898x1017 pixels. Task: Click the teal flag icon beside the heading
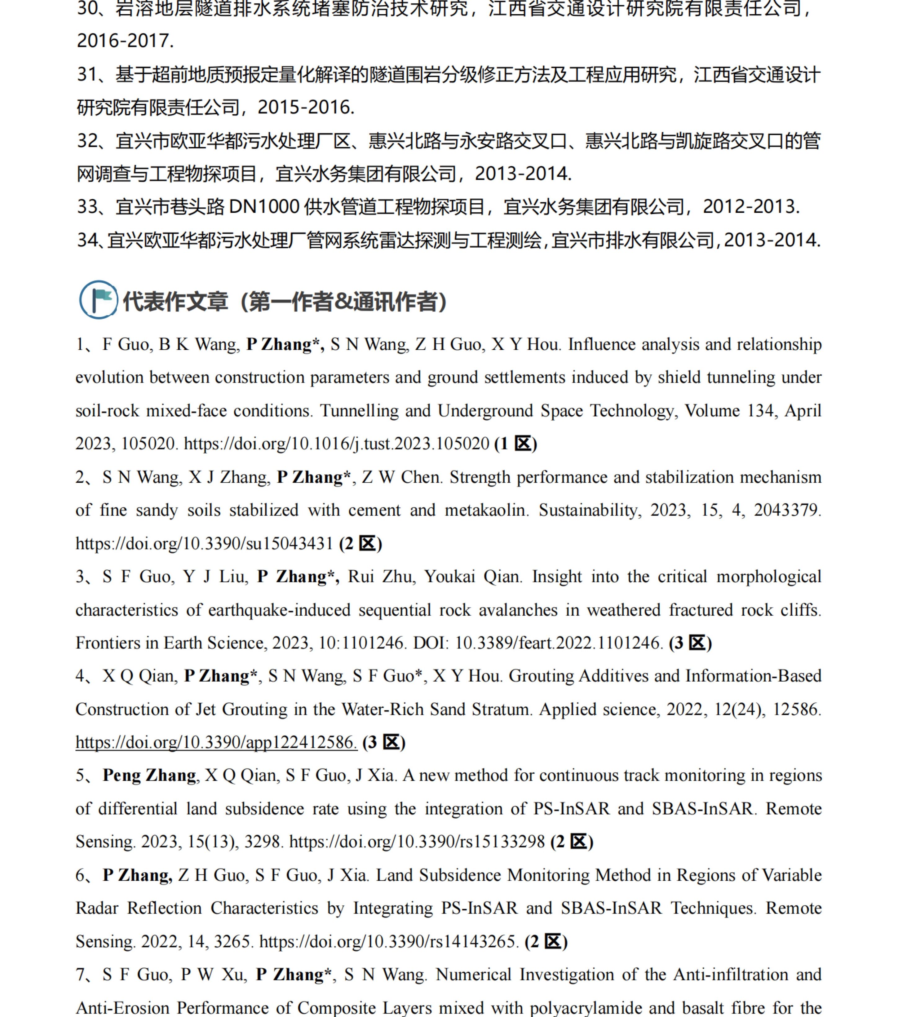(x=99, y=300)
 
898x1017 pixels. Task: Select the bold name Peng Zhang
(x=149, y=776)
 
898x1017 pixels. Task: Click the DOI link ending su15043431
(x=204, y=544)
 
